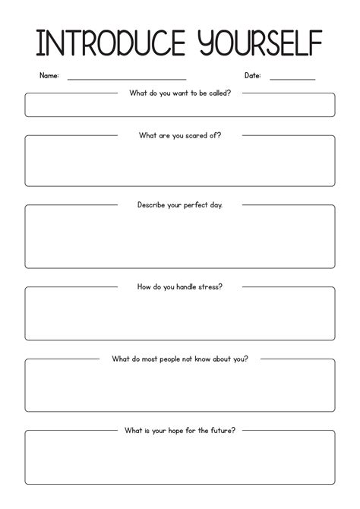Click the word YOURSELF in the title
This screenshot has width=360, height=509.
click(250, 44)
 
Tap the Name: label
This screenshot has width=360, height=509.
click(49, 75)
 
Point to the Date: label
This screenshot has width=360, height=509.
click(253, 75)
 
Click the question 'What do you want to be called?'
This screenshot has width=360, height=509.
click(180, 93)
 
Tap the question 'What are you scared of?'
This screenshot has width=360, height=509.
click(180, 135)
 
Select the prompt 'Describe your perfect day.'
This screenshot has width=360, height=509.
click(180, 205)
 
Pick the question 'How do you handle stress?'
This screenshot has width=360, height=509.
click(180, 287)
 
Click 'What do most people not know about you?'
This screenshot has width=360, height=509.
click(180, 359)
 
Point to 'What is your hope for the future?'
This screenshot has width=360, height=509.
click(180, 430)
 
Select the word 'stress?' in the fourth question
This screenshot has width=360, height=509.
click(209, 287)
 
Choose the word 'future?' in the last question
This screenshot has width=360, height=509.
click(221, 430)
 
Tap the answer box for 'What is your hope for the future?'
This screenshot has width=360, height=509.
click(180, 463)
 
